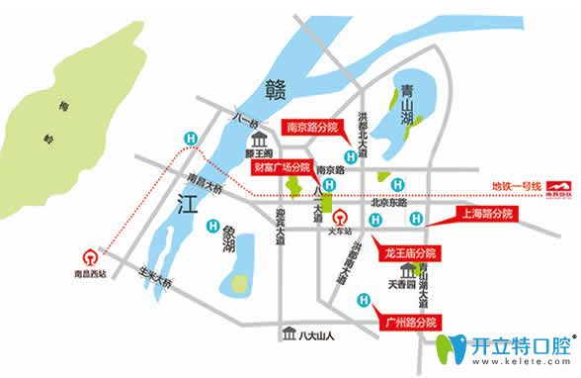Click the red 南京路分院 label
pos(311,128)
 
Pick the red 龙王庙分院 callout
pos(409,254)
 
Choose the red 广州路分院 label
pos(407,323)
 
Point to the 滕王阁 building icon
pos(260,154)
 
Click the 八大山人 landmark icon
pos(287,333)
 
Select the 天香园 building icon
pos(407,271)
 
